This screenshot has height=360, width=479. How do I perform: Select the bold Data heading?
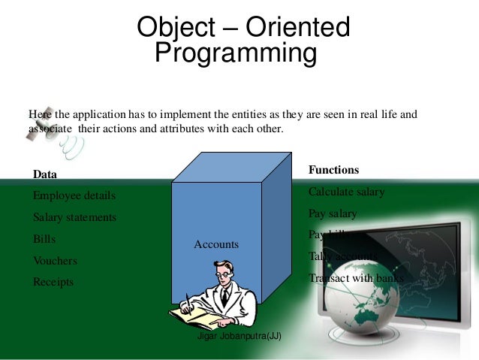[x=45, y=174]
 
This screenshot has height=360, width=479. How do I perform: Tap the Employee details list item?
[x=74, y=196]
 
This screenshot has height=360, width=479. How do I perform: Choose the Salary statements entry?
[x=74, y=218]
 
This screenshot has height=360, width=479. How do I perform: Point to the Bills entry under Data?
[x=44, y=240]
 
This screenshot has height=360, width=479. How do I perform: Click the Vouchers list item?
[x=55, y=261]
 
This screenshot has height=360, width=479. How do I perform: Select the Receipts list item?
[x=53, y=283]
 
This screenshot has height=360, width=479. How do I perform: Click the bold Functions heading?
[x=333, y=170]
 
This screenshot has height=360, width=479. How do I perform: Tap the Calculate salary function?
[x=346, y=192]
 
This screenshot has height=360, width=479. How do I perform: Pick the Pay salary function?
[x=333, y=213]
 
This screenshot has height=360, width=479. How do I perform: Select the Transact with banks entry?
[x=356, y=278]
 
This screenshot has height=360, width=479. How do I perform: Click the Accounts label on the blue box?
[x=216, y=244]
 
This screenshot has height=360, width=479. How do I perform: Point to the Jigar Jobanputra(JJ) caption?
[x=239, y=336]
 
